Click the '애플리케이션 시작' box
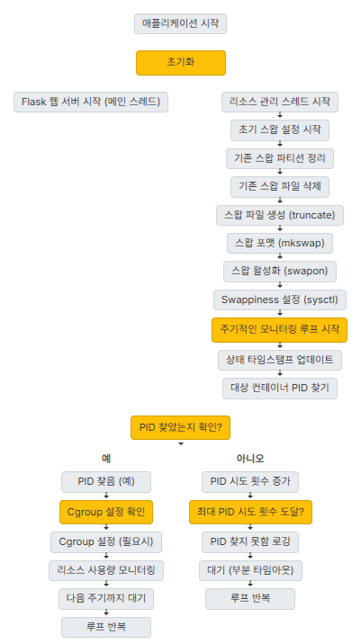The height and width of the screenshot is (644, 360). tap(180, 23)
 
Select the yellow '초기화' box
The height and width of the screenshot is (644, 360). tap(180, 63)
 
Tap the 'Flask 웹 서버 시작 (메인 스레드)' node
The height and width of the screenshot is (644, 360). tap(92, 102)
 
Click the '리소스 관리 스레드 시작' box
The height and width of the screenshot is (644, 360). tap(280, 102)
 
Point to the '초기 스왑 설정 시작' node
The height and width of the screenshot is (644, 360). tap(280, 130)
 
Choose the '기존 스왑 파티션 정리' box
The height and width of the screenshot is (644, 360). tap(280, 158)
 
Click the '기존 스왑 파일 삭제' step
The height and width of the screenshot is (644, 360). tap(280, 187)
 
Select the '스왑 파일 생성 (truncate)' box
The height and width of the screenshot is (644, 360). tap(280, 216)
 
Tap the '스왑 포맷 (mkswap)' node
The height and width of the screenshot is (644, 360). tap(280, 244)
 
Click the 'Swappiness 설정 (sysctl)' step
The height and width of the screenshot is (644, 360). tap(280, 300)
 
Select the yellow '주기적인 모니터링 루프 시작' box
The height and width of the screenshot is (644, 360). tap(280, 329)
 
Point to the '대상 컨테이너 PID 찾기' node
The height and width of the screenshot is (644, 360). tap(280, 389)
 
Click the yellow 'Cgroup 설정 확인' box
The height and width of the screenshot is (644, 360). tap(106, 512)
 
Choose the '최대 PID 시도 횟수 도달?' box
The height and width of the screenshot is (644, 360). tap(250, 512)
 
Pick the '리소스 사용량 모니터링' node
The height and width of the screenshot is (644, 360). tap(106, 569)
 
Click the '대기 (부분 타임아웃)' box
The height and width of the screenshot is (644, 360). tap(250, 569)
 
